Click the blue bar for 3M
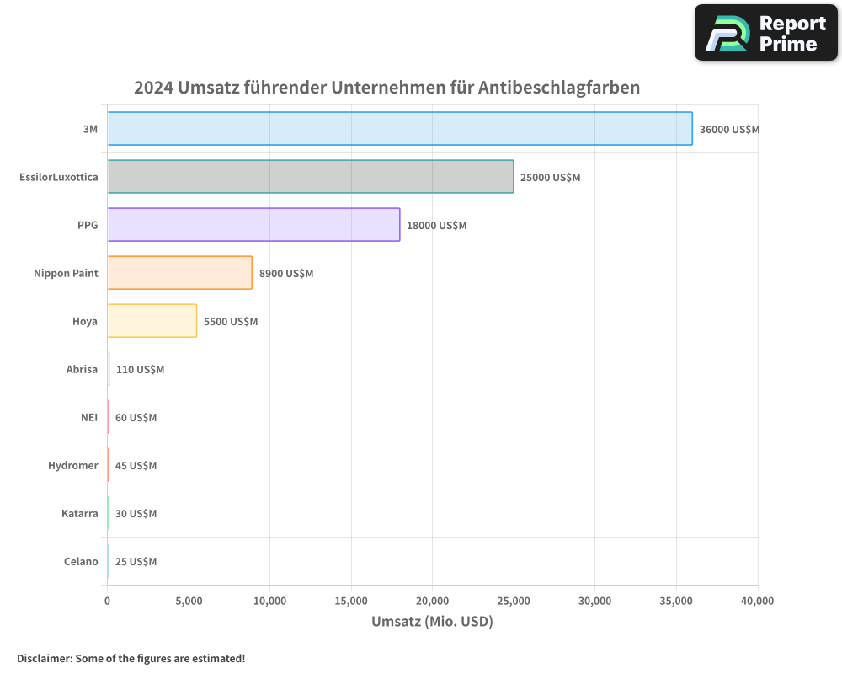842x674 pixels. click(400, 129)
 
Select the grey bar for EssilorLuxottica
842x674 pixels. click(310, 177)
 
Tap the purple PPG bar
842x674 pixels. click(253, 225)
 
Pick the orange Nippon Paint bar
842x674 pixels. click(179, 273)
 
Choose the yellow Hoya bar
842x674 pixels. click(152, 321)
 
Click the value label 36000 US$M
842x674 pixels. click(729, 130)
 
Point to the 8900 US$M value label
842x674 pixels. click(286, 274)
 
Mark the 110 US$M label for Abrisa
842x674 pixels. click(140, 370)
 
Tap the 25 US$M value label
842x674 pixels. click(136, 562)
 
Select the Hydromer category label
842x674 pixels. click(72, 466)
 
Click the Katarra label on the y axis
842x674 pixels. click(79, 514)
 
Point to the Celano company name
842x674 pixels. click(80, 562)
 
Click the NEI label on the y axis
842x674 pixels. click(89, 418)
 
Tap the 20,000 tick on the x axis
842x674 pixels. click(432, 602)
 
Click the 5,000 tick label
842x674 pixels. click(189, 602)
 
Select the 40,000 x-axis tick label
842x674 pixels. click(757, 602)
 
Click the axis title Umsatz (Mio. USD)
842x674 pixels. click(432, 622)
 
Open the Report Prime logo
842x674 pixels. click(766, 33)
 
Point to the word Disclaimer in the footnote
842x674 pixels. click(43, 659)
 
